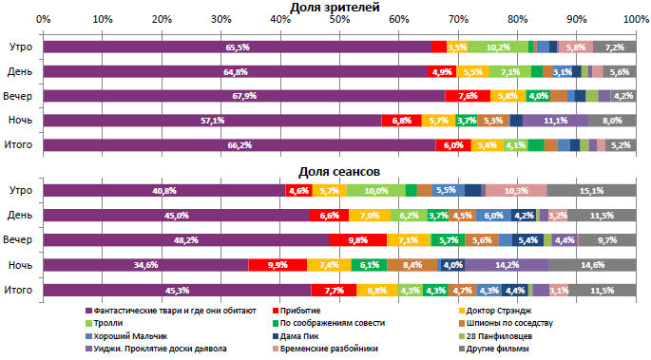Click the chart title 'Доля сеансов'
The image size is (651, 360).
340,171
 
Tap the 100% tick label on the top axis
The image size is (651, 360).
636,19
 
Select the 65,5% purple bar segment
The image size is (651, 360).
237,47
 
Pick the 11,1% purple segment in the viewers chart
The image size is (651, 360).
556,121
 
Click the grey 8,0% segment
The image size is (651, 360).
612,121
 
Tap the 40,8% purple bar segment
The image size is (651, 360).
164,191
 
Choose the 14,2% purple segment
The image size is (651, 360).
507,265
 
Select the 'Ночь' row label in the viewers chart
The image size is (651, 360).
22,121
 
